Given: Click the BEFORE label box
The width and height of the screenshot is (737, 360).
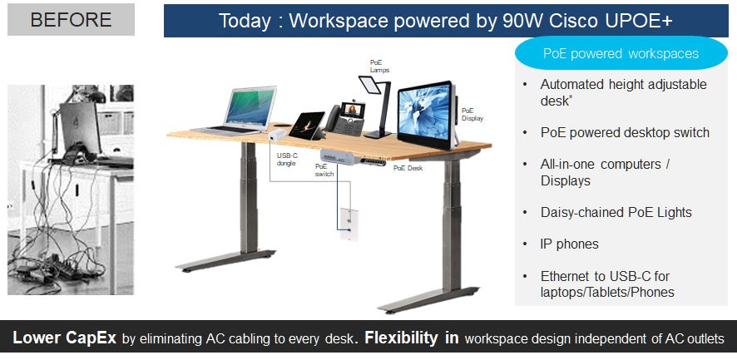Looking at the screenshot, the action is (71, 19).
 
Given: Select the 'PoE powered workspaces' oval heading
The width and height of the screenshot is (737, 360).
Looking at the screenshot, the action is (621, 53).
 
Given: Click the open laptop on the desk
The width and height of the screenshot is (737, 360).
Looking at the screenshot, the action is (235, 111).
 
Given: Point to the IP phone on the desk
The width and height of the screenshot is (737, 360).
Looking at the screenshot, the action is (345, 120).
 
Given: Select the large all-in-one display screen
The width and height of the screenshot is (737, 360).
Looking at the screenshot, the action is (427, 115).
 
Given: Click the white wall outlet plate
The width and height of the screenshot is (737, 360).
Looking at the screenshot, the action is (349, 224).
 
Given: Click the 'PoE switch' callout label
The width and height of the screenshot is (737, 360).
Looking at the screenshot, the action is (324, 170).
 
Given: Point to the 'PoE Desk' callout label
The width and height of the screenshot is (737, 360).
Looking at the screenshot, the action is (408, 168).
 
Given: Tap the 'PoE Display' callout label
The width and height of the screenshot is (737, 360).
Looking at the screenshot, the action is (472, 114).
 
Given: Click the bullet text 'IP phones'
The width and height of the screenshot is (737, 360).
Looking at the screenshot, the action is (570, 244).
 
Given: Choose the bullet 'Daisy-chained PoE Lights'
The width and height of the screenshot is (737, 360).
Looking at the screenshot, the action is (616, 213).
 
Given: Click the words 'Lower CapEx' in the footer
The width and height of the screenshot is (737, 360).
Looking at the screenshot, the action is (64, 338).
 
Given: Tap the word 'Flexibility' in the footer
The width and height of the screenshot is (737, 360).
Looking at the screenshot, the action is (401, 338).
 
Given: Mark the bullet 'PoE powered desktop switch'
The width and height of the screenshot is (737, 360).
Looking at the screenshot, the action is (625, 132).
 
